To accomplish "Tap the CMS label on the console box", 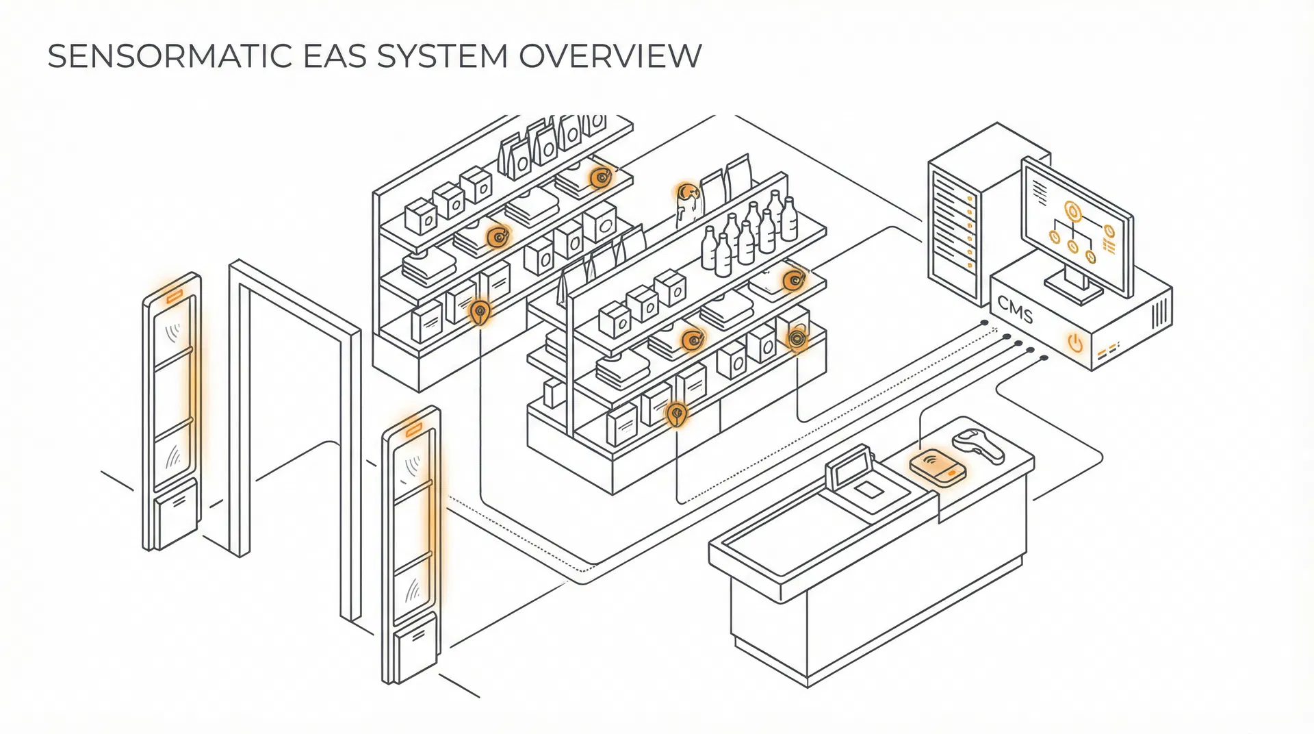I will pos(1016,312).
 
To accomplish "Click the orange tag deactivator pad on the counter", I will pos(938,468).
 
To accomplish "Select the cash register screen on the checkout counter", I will pos(849,465).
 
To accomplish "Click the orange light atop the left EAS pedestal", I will pos(174,296).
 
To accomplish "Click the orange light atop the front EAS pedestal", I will pos(413,431).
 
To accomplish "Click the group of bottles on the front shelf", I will pos(749,233).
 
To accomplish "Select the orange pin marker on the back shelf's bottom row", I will pos(480,313).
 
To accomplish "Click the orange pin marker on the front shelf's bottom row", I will pos(676,414).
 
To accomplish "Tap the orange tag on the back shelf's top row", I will pos(601,177).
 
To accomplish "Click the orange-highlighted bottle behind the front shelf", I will pos(686,203).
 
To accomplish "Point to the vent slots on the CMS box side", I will pos(1159,314).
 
